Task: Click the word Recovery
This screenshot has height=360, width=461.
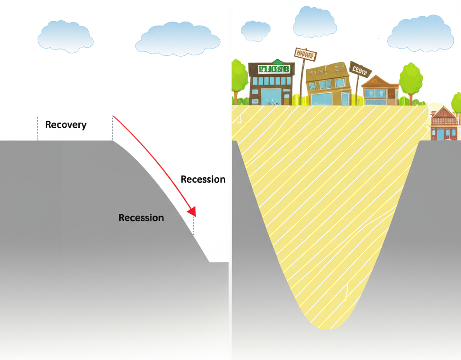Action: tap(66, 125)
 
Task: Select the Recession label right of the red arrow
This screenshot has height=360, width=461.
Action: tap(203, 179)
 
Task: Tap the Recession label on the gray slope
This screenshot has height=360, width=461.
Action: tap(141, 218)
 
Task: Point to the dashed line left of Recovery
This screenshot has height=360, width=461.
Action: tap(38, 129)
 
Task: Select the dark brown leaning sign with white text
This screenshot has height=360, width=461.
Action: tap(360, 70)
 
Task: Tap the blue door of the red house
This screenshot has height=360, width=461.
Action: tap(440, 134)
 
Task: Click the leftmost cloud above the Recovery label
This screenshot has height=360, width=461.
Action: tap(66, 36)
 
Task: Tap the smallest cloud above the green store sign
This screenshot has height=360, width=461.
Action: tap(255, 30)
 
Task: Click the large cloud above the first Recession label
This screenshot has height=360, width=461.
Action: tap(178, 39)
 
